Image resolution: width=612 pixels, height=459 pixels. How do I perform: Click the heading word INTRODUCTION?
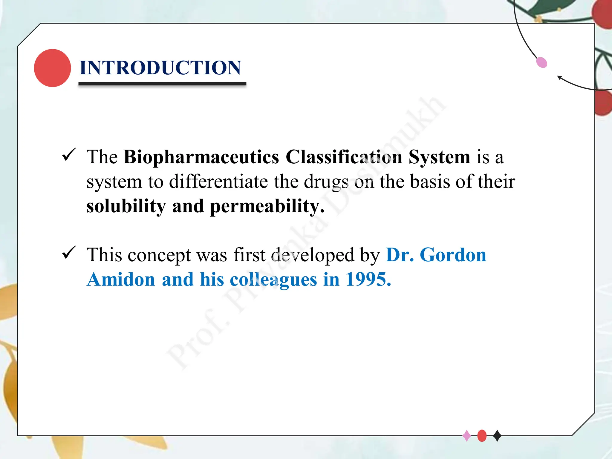tap(160, 68)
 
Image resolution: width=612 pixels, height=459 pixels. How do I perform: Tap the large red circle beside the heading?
tap(52, 68)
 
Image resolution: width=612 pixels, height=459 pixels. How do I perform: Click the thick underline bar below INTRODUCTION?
tap(162, 84)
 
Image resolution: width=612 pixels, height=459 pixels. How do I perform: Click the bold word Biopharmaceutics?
tap(201, 157)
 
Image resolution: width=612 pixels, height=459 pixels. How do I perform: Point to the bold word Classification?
tap(344, 157)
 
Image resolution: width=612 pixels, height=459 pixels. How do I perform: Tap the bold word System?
tap(439, 157)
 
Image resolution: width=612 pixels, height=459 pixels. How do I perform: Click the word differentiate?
tap(218, 182)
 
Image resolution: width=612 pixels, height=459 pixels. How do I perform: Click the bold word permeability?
tap(267, 206)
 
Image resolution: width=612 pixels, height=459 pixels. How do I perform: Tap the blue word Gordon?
tap(453, 255)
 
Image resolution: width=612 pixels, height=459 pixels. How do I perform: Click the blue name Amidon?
tap(121, 280)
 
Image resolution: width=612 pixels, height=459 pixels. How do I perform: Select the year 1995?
tap(368, 280)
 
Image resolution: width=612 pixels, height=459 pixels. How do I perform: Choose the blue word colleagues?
tap(273, 280)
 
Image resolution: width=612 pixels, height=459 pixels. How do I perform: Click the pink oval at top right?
tap(541, 62)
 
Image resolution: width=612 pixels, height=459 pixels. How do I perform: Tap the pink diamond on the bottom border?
tap(467, 436)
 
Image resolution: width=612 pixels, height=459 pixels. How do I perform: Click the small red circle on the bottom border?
tap(482, 436)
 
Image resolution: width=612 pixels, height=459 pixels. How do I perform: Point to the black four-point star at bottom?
tap(497, 436)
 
